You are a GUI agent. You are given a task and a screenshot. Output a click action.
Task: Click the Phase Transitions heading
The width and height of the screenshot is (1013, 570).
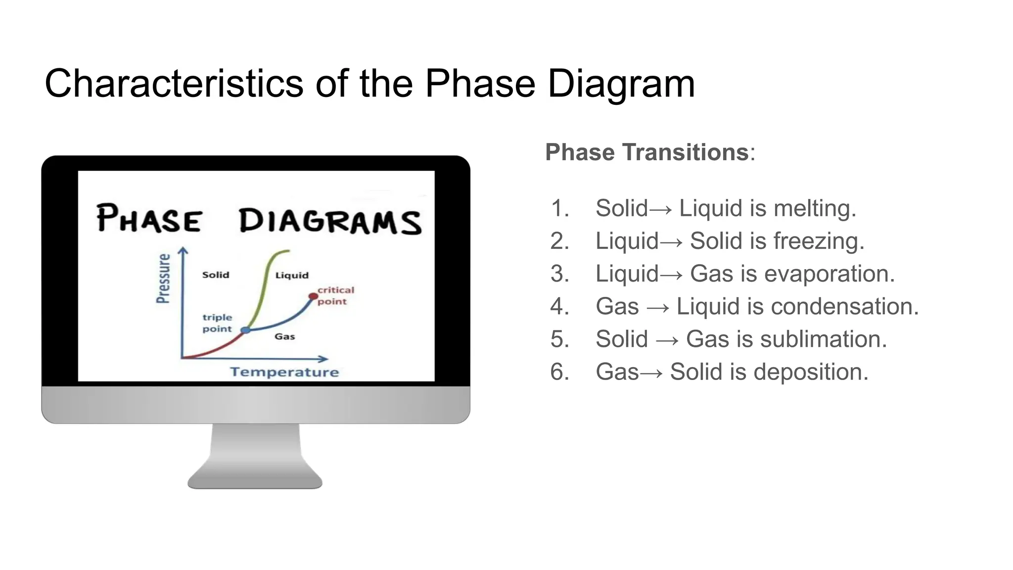pos(647,152)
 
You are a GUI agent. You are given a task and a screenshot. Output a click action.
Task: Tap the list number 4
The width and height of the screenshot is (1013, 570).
pos(559,306)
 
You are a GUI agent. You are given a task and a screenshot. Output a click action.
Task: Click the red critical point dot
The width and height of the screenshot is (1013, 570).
pos(313,296)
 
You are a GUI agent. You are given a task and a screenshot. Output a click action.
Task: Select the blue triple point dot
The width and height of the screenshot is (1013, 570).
pos(245,330)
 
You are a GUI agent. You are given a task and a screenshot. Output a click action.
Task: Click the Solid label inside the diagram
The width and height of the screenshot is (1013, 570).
pos(216,275)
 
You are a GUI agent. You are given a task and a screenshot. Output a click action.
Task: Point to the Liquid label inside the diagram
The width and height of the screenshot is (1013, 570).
pos(292,276)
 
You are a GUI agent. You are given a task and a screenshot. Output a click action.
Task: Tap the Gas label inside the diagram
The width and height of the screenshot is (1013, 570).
pos(285,337)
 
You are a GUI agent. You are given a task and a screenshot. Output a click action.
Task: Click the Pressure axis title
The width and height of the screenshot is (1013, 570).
pos(163,278)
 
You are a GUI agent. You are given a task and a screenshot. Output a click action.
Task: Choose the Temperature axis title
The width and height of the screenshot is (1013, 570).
pos(284,372)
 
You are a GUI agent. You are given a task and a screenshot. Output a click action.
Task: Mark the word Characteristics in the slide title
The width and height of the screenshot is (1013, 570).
pos(174,83)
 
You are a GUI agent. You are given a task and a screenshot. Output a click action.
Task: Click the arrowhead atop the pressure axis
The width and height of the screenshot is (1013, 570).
pos(183,250)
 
